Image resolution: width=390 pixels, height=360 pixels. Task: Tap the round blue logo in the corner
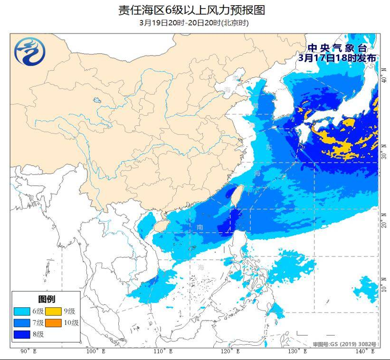(x=29, y=51)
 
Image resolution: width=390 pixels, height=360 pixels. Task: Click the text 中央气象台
(x=337, y=48)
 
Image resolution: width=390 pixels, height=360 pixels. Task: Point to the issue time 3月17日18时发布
(x=337, y=57)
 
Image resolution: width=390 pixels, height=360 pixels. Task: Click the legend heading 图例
(x=47, y=299)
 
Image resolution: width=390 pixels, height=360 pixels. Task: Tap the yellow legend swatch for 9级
(x=53, y=312)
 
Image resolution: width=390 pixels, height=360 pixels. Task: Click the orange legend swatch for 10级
(x=53, y=323)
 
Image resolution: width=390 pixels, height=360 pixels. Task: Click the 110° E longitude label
(x=162, y=351)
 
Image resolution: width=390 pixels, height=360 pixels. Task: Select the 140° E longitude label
(x=364, y=351)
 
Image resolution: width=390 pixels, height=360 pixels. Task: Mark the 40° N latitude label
(x=384, y=76)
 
